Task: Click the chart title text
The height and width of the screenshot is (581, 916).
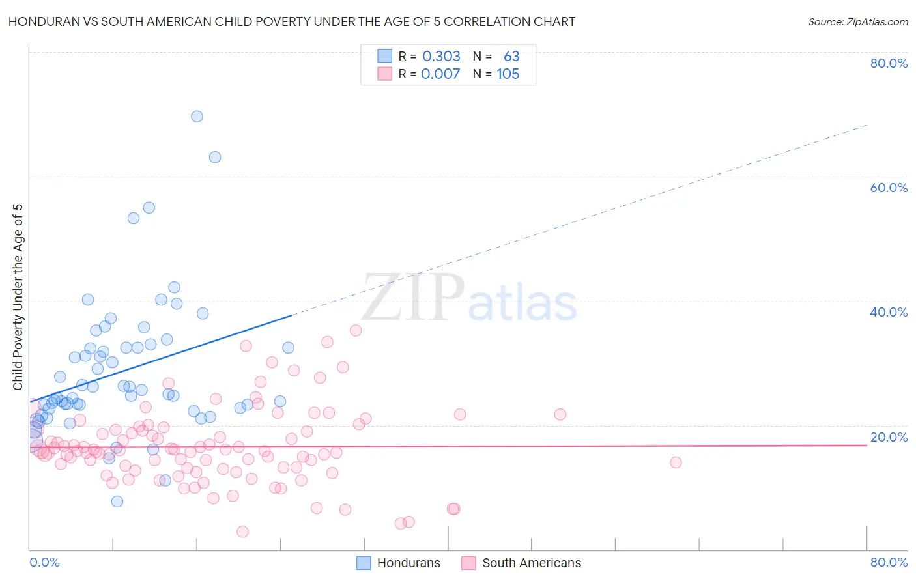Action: [292, 21]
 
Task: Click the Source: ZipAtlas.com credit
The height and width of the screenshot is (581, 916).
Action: [857, 21]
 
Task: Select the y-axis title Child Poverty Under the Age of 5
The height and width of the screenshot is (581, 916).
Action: [18, 297]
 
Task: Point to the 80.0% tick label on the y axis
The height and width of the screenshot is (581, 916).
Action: [889, 63]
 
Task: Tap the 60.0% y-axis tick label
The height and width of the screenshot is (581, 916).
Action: [889, 188]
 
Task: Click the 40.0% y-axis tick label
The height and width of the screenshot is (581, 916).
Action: [889, 312]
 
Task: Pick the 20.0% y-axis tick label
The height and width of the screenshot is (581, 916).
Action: [889, 437]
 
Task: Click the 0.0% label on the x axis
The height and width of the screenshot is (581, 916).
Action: [44, 562]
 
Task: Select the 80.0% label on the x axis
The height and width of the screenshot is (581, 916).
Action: [889, 562]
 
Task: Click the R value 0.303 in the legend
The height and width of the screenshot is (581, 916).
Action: [441, 57]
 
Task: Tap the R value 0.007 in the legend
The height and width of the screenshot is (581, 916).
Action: [440, 74]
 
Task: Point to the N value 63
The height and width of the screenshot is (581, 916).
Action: [511, 57]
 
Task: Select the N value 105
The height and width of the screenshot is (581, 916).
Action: [508, 74]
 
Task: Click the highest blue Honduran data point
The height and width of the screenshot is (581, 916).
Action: [197, 117]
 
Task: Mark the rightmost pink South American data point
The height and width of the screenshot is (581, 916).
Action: [676, 462]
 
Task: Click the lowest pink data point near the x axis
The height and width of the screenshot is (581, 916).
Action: [242, 531]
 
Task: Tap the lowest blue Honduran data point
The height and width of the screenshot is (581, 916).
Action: [117, 502]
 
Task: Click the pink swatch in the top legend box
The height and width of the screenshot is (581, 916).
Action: [385, 74]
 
